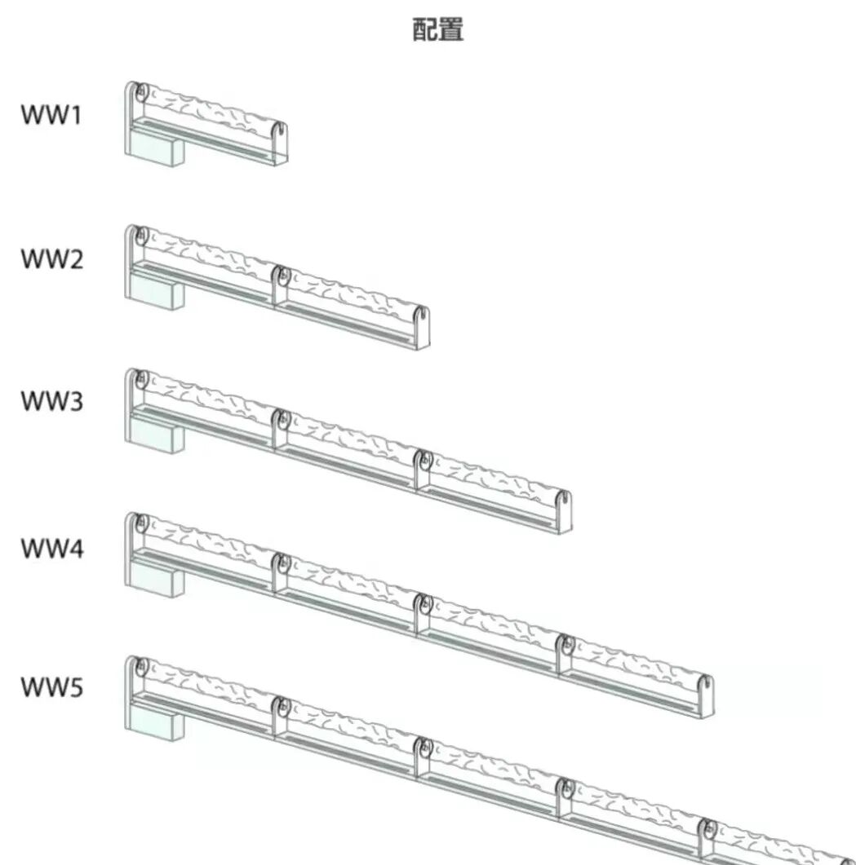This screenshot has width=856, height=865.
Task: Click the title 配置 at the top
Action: pos(438,30)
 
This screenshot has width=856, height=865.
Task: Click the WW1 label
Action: pos(51,115)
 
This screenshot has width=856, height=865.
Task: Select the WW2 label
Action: pos(51,260)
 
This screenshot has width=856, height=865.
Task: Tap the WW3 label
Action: pos(51,401)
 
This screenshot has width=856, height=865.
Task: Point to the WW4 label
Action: pos(51,548)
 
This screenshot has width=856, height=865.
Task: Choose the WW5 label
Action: pos(51,687)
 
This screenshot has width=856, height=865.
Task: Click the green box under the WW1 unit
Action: pos(154,152)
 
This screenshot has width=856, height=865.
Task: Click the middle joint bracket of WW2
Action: pos(281,285)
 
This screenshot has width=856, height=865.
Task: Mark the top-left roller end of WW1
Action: pos(139,91)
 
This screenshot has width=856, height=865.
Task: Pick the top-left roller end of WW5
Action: pos(140,667)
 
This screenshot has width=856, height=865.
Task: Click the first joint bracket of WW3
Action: pos(281,428)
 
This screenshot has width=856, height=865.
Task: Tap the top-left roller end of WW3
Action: pos(140,379)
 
